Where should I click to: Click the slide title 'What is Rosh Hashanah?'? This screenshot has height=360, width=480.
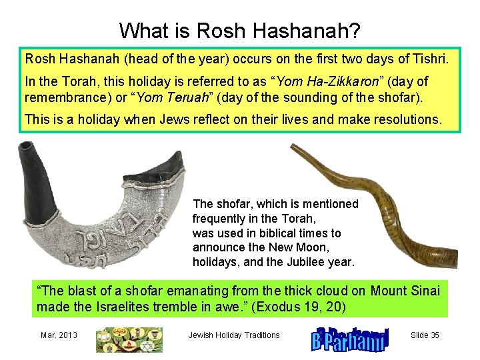(239, 31)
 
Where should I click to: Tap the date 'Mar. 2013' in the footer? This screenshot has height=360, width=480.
(58, 335)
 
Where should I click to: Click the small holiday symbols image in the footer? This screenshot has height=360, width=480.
(128, 339)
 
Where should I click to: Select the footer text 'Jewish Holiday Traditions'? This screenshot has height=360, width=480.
(234, 335)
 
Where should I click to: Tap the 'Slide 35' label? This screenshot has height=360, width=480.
(425, 335)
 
